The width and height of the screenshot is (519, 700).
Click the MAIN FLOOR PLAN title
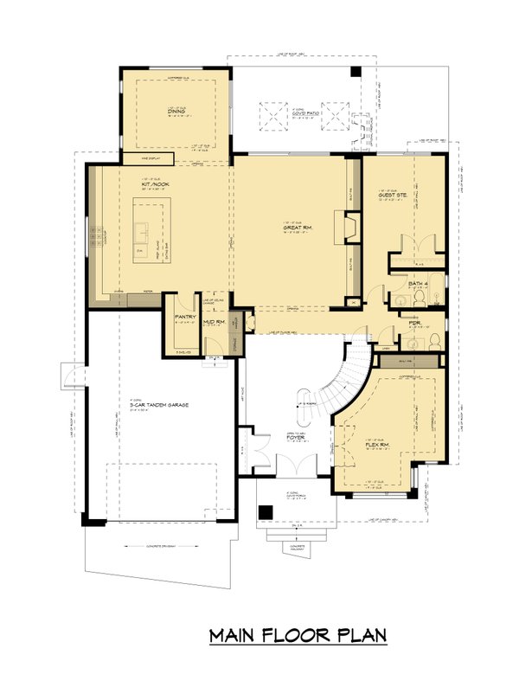(x=298, y=636)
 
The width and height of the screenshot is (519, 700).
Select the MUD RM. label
(x=214, y=322)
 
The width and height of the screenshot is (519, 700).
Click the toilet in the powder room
(x=436, y=336)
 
